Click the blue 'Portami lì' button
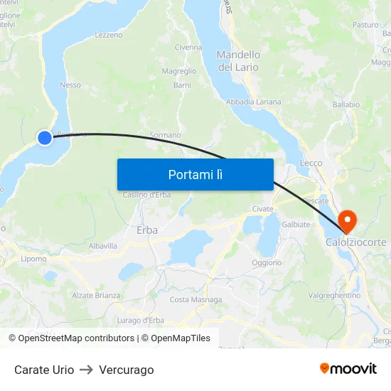(x=195, y=174)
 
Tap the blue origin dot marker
(x=45, y=137)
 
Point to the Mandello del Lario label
(x=238, y=60)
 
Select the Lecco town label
(x=311, y=163)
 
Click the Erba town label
(x=147, y=230)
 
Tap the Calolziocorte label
(x=356, y=242)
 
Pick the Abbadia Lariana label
(x=253, y=102)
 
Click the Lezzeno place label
(x=109, y=34)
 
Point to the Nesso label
(x=70, y=85)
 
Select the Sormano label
(x=165, y=135)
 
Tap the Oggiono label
(x=267, y=262)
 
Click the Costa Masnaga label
(x=195, y=299)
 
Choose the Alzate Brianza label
(x=96, y=295)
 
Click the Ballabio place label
(x=346, y=105)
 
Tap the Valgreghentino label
(x=335, y=295)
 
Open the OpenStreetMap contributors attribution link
(x=71, y=338)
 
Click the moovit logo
(x=348, y=369)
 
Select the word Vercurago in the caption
(x=127, y=370)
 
